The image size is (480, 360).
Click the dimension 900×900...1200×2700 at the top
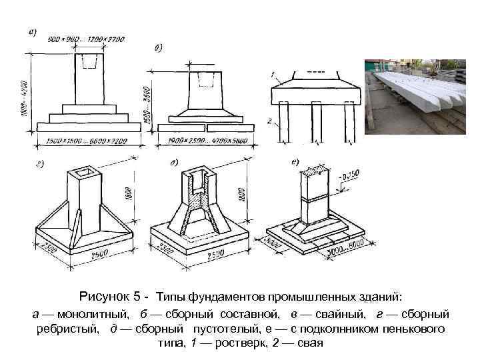tap(87, 40)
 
